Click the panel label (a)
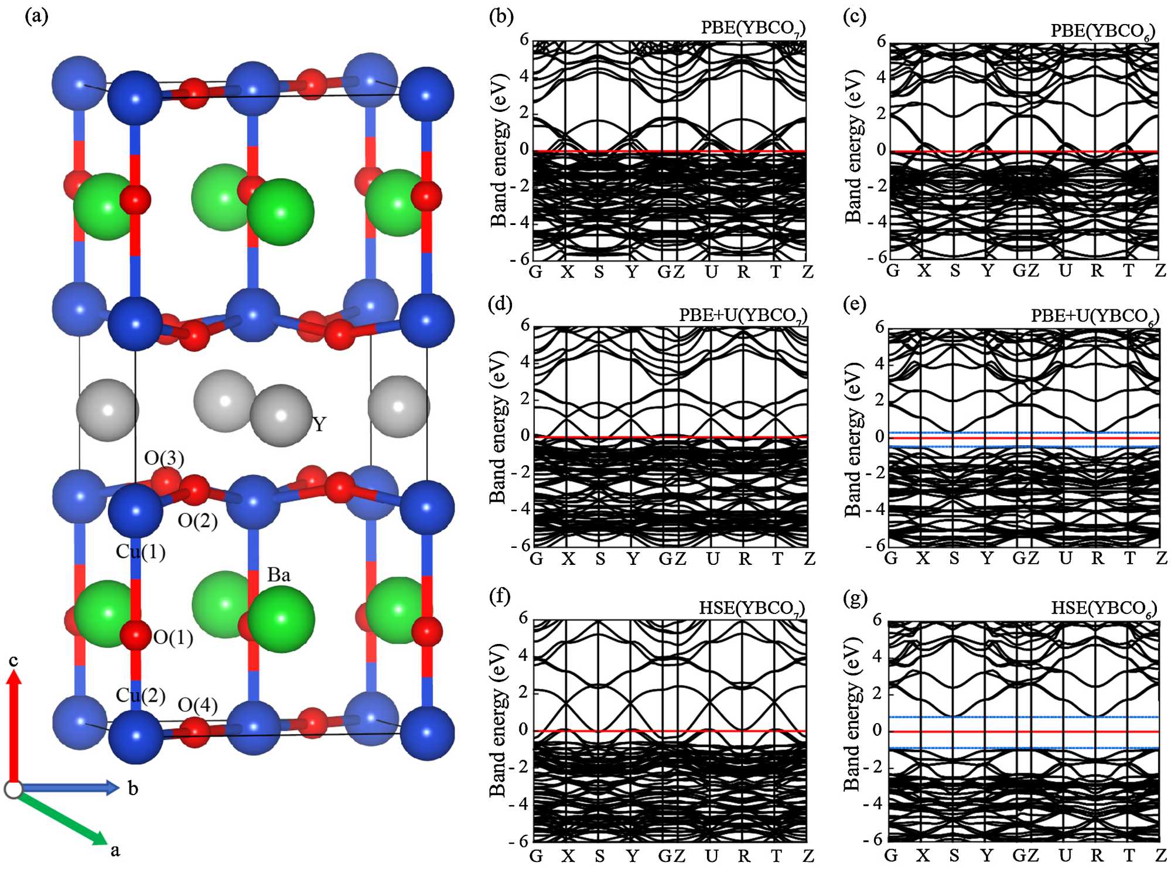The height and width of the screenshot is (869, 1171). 36,16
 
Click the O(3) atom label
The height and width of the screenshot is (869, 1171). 164,458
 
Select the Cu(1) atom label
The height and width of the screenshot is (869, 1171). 141,551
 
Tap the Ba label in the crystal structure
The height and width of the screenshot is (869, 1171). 279,575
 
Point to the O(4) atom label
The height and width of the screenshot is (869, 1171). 197,705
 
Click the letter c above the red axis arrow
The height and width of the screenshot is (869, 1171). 13,660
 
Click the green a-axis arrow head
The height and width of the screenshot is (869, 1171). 100,838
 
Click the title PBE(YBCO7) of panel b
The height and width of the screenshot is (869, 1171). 753,28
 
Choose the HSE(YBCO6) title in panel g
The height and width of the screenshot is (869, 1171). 1104,608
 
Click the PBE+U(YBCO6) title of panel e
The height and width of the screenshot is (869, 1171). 1095,316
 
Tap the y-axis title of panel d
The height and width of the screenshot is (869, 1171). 498,427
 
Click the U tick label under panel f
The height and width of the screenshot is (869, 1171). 711,856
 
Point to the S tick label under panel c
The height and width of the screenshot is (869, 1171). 955,271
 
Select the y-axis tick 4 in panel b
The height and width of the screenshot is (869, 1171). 524,76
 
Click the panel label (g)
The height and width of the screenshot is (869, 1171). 855,598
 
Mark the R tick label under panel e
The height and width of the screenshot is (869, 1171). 1098,558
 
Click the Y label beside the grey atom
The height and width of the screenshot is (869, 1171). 319,424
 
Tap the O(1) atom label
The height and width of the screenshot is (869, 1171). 173,637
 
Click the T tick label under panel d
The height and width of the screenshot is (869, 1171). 777,558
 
